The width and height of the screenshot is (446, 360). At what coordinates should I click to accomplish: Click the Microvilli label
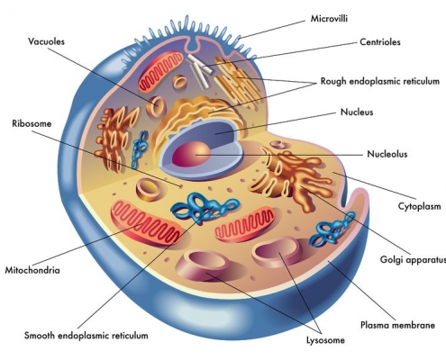point(329,19)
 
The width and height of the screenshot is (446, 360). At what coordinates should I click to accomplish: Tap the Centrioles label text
point(380,41)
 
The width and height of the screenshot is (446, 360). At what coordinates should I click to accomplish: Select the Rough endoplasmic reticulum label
point(380,81)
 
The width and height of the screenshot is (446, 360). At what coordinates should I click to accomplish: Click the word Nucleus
point(357,112)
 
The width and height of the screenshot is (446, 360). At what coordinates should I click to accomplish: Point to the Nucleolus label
point(387,154)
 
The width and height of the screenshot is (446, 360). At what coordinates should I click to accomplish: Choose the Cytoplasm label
point(419,206)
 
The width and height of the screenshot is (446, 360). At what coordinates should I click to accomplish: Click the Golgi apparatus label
point(413,259)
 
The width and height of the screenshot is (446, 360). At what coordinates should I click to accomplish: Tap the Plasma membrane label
point(397,325)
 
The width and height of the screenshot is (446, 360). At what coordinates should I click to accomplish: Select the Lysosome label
point(325,340)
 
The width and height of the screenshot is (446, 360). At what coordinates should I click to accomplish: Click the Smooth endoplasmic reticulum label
point(86,336)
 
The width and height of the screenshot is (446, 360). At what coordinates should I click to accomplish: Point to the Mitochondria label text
point(32,270)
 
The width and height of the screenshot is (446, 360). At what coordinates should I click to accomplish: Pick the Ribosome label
point(32,123)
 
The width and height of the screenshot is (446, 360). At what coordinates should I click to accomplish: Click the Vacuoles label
point(46,41)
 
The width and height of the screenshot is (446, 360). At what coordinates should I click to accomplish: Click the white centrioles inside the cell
point(199,70)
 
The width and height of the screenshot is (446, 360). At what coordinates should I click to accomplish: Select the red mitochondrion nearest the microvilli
point(160,71)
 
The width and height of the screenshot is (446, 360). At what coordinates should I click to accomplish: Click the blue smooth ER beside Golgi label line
point(332,228)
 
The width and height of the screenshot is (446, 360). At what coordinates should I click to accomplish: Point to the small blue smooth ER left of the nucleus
point(140,148)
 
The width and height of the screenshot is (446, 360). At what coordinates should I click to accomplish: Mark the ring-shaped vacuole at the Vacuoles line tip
point(156,106)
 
